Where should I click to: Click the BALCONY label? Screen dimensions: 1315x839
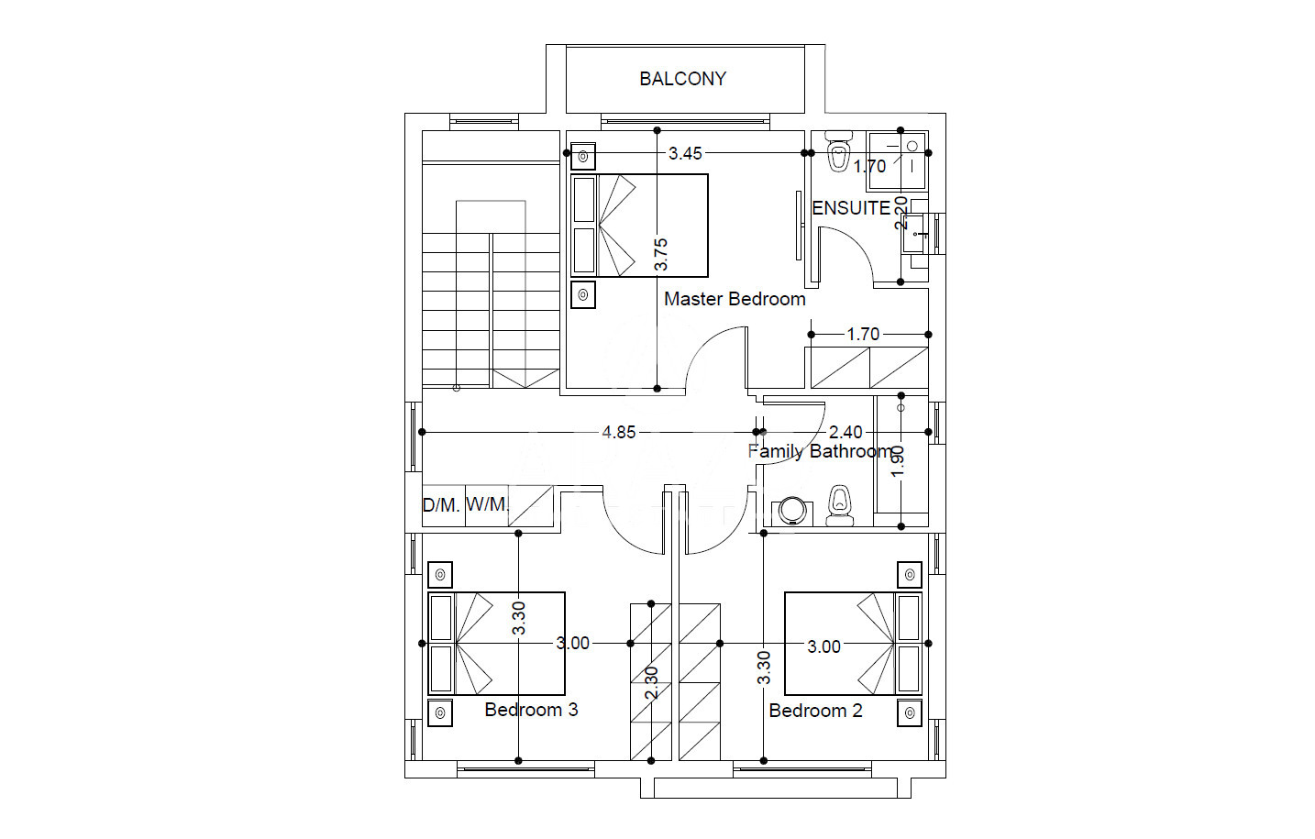pos(683,79)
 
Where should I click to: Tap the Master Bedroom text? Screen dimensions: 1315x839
pos(735,299)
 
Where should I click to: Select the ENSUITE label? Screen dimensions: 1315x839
pos(851,208)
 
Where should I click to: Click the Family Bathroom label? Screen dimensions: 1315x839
pos(822,451)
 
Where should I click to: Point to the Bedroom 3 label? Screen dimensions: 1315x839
pos(531,710)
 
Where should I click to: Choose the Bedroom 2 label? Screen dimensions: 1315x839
pos(815,711)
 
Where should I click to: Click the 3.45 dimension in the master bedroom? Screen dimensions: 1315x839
pos(685,153)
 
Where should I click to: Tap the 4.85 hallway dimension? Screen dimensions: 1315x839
pos(619,432)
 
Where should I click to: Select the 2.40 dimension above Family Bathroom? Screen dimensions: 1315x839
pos(845,432)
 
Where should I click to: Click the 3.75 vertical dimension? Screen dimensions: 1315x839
pos(661,254)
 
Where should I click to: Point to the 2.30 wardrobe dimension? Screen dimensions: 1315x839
pos(652,683)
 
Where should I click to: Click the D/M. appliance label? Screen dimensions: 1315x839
pos(441,505)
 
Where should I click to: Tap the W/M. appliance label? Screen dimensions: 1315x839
pos(487,503)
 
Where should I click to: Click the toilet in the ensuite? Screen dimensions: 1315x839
pos(838,151)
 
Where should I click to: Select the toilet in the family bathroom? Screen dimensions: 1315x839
pos(840,505)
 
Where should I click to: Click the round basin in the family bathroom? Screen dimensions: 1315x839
pos(792,511)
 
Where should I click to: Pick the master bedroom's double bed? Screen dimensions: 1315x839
pos(639,226)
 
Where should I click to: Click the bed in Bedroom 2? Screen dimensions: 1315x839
pos(853,644)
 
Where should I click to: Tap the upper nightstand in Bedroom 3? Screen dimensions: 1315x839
pos(440,575)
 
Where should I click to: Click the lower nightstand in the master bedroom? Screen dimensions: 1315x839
pos(583,294)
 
